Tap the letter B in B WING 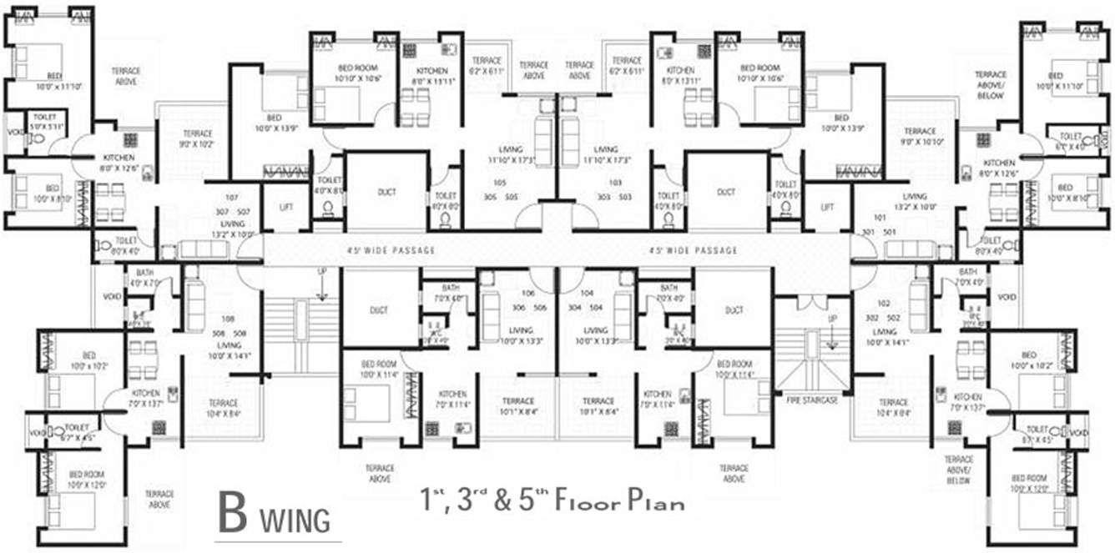[233, 515]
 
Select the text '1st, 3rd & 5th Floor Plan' [552, 502]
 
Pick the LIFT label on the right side [827, 207]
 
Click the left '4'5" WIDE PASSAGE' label [391, 250]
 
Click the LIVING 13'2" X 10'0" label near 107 [233, 229]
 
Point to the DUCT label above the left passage [386, 192]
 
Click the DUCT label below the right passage [734, 310]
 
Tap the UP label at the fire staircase [832, 319]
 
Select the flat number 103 [616, 183]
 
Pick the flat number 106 [527, 294]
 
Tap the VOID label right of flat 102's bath [1007, 297]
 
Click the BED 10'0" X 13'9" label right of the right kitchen [841, 123]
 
